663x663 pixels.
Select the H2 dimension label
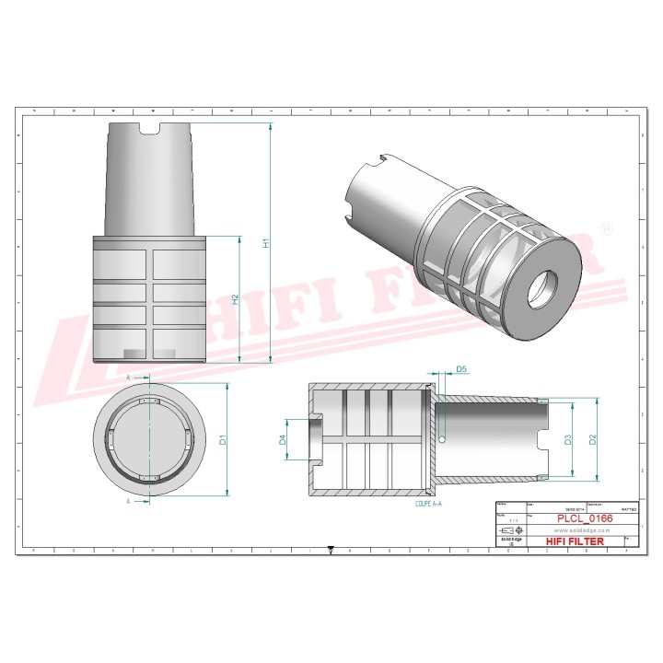(236, 299)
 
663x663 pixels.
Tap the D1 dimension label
(223, 440)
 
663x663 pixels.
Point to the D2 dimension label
(593, 439)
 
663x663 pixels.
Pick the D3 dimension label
(568, 440)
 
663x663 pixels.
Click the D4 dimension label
(283, 441)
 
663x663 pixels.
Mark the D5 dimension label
(462, 369)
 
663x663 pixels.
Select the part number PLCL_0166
(585, 518)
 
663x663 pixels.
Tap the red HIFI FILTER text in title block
(576, 541)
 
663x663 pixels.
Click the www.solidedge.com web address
(585, 529)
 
